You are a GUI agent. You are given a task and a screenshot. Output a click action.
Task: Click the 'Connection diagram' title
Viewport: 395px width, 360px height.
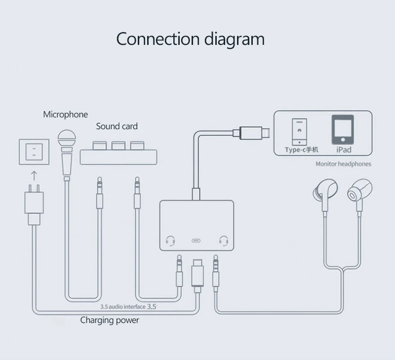[x=190, y=39]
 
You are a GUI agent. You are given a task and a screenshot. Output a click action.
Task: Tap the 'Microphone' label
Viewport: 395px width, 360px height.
[x=65, y=114]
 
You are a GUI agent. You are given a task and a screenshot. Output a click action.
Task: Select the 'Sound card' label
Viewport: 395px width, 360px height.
[x=117, y=126]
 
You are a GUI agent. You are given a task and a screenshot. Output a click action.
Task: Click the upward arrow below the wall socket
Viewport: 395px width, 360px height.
[x=34, y=176]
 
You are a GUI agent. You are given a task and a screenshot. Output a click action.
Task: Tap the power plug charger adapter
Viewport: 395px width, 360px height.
[x=34, y=207]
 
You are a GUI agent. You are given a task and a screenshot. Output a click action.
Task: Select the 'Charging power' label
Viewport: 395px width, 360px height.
[x=110, y=321]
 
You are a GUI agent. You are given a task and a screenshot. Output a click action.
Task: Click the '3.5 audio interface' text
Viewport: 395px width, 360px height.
[x=123, y=306]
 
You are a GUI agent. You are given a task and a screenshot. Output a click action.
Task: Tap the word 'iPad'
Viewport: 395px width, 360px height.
[x=343, y=149]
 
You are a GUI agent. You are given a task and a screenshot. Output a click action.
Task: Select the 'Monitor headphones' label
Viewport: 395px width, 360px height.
[x=343, y=164]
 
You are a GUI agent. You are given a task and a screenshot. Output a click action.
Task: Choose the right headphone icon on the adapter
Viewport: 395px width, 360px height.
[x=223, y=241]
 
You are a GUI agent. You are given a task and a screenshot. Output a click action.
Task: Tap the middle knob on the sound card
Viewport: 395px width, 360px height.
[x=118, y=146]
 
